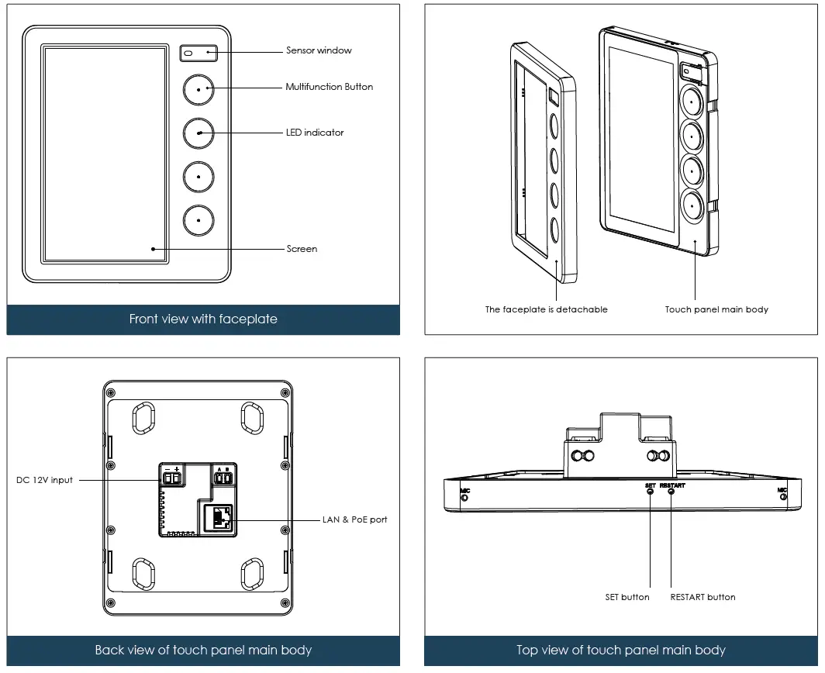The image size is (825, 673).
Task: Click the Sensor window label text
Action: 319,50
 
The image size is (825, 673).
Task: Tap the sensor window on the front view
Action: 198,53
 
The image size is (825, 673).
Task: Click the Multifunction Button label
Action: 329,87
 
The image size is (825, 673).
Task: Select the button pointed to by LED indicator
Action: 198,133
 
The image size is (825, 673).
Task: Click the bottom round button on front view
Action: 198,220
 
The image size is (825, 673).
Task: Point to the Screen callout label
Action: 302,249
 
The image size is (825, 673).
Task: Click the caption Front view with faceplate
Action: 203,319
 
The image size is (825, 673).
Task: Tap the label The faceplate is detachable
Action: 546,309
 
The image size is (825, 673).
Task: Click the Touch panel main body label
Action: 716,309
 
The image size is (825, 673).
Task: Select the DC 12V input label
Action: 45,480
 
